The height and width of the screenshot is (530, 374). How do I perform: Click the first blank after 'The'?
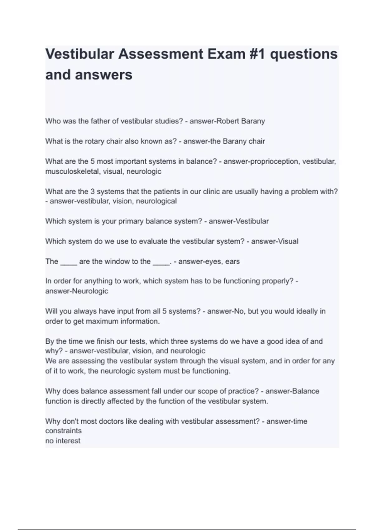coord(69,262)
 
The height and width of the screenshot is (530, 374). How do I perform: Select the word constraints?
coord(64,431)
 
